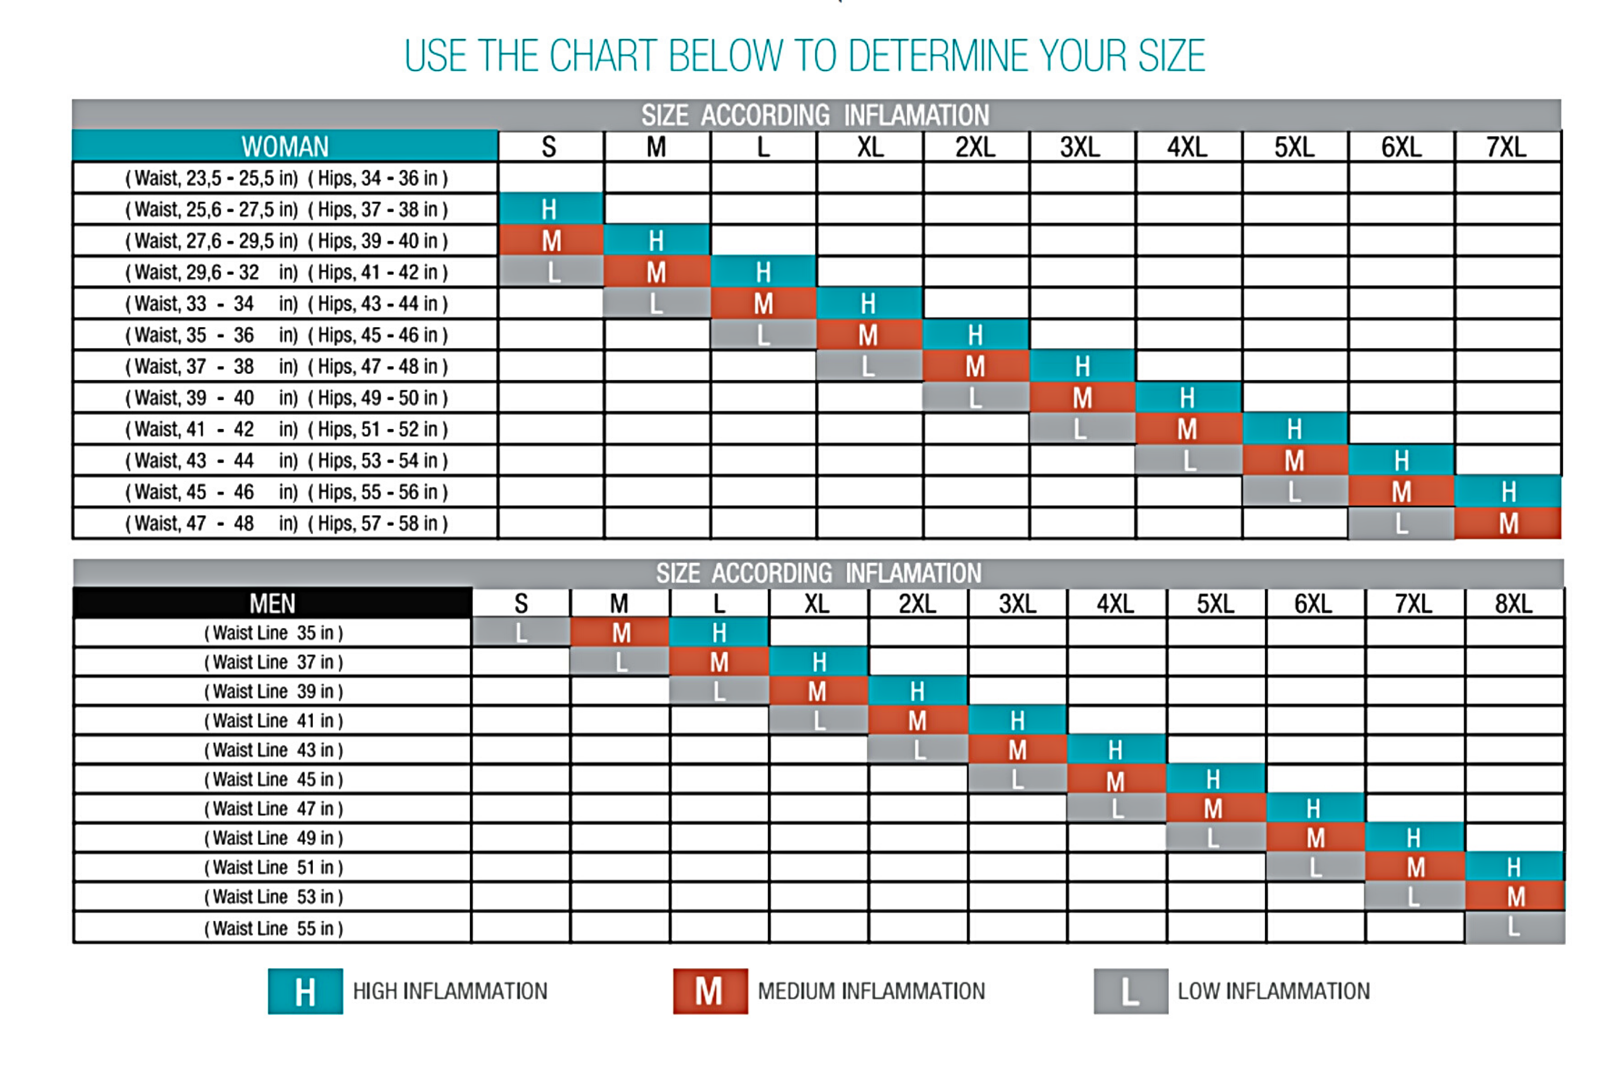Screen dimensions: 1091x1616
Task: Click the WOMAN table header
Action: (285, 147)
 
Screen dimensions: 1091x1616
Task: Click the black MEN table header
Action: (273, 603)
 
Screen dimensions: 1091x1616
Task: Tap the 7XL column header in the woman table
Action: (1506, 147)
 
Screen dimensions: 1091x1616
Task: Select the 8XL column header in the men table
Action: (1513, 603)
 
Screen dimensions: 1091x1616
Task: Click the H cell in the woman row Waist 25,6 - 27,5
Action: (549, 209)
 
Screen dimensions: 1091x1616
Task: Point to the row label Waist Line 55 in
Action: (273, 928)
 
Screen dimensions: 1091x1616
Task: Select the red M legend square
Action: (709, 991)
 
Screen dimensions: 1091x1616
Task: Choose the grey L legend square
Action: (1130, 991)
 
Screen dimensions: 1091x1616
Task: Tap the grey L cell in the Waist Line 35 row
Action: (521, 633)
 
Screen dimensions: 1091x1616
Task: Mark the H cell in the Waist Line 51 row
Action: (1513, 867)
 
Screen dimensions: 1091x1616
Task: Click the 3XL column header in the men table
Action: (1016, 603)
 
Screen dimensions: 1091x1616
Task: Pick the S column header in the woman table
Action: (549, 147)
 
